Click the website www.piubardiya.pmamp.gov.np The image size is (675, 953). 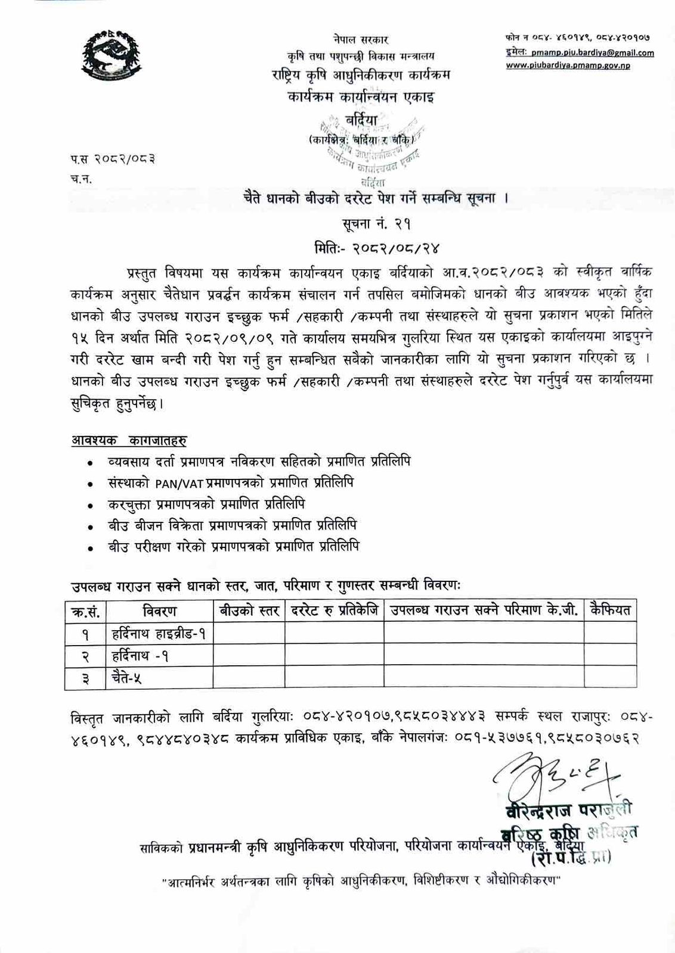pos(568,66)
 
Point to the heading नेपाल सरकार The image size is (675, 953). pos(361,39)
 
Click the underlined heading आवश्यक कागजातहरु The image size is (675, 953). pos(129,441)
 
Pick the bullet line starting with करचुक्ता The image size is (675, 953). pos(206,504)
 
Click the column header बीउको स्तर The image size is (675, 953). pos(249,611)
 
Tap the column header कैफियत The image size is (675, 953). pos(609,611)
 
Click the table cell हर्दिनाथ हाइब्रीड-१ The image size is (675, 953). pos(159,634)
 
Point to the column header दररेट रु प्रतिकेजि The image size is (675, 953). pos(334,611)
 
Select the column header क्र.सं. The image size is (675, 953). pos(85,611)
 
